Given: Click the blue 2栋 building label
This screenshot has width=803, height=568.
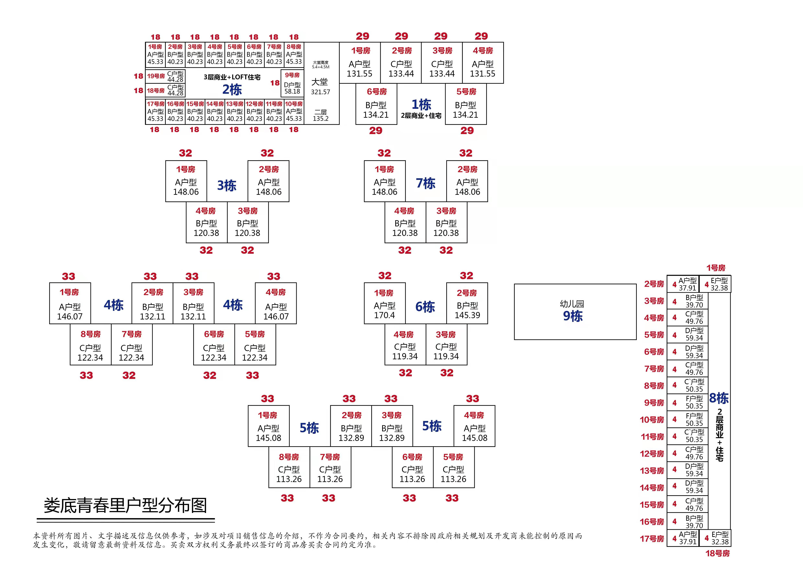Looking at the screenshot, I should coord(232,90).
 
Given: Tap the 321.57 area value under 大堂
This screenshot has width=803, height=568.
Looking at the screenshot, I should coord(320,92).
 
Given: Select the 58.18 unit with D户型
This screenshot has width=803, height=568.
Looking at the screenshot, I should coord(292,91).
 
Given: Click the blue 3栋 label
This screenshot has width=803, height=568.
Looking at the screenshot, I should coord(227,185).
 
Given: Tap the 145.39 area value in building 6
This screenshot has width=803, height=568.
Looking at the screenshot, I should coord(467,315).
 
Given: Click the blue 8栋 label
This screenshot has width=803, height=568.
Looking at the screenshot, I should coord(719,398).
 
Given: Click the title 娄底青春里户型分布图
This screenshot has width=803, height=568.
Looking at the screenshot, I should coord(125,506).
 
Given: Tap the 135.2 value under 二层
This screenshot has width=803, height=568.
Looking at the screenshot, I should coord(320,119).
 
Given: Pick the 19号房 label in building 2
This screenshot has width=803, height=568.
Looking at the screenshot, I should coord(156,76).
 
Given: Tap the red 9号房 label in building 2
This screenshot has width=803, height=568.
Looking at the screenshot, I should coord(292,75).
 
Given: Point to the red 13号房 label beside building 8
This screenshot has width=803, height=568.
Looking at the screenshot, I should coord(652,471).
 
